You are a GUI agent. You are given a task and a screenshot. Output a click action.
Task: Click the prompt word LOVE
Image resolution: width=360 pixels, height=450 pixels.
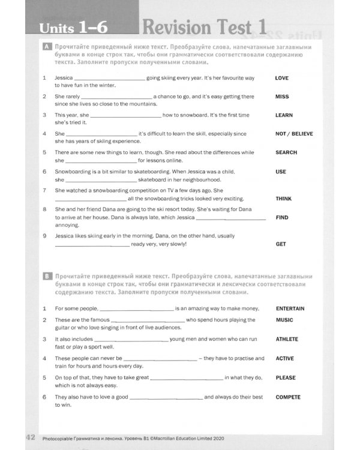point(281,78)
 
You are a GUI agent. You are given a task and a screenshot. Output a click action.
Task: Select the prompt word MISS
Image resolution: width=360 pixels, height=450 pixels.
point(282,97)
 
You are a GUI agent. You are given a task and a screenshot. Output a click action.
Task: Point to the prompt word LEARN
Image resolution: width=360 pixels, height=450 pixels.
point(284,115)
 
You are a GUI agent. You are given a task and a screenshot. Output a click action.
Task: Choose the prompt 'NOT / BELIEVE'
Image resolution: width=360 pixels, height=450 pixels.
point(294,134)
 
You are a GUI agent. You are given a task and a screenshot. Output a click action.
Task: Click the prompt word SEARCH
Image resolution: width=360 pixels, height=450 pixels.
point(286,152)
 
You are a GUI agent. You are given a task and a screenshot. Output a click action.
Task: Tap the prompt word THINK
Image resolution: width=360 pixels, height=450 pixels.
point(284,198)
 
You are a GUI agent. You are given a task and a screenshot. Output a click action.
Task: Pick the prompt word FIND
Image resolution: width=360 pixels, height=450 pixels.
point(282,217)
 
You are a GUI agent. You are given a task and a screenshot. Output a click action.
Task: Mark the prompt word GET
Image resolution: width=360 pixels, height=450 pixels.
point(281,244)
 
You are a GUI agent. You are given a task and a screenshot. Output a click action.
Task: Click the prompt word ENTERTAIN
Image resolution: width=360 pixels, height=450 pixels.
point(290,308)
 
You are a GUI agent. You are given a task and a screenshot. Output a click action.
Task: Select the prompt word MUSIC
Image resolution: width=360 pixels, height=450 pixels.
point(284,320)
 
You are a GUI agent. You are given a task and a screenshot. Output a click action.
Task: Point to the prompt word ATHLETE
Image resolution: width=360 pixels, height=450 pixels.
point(287,339)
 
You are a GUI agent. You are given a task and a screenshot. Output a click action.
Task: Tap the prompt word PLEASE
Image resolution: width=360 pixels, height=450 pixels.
point(286,378)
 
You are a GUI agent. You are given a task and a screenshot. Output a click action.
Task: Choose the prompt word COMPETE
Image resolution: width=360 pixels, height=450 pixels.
point(288,397)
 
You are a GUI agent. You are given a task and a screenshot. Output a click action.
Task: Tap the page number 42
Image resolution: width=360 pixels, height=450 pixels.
point(32,437)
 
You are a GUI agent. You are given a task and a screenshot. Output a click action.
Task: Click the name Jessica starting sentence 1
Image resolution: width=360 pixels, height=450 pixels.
point(64,78)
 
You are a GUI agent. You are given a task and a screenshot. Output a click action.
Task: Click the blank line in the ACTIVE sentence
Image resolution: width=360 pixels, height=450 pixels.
point(160,359)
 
